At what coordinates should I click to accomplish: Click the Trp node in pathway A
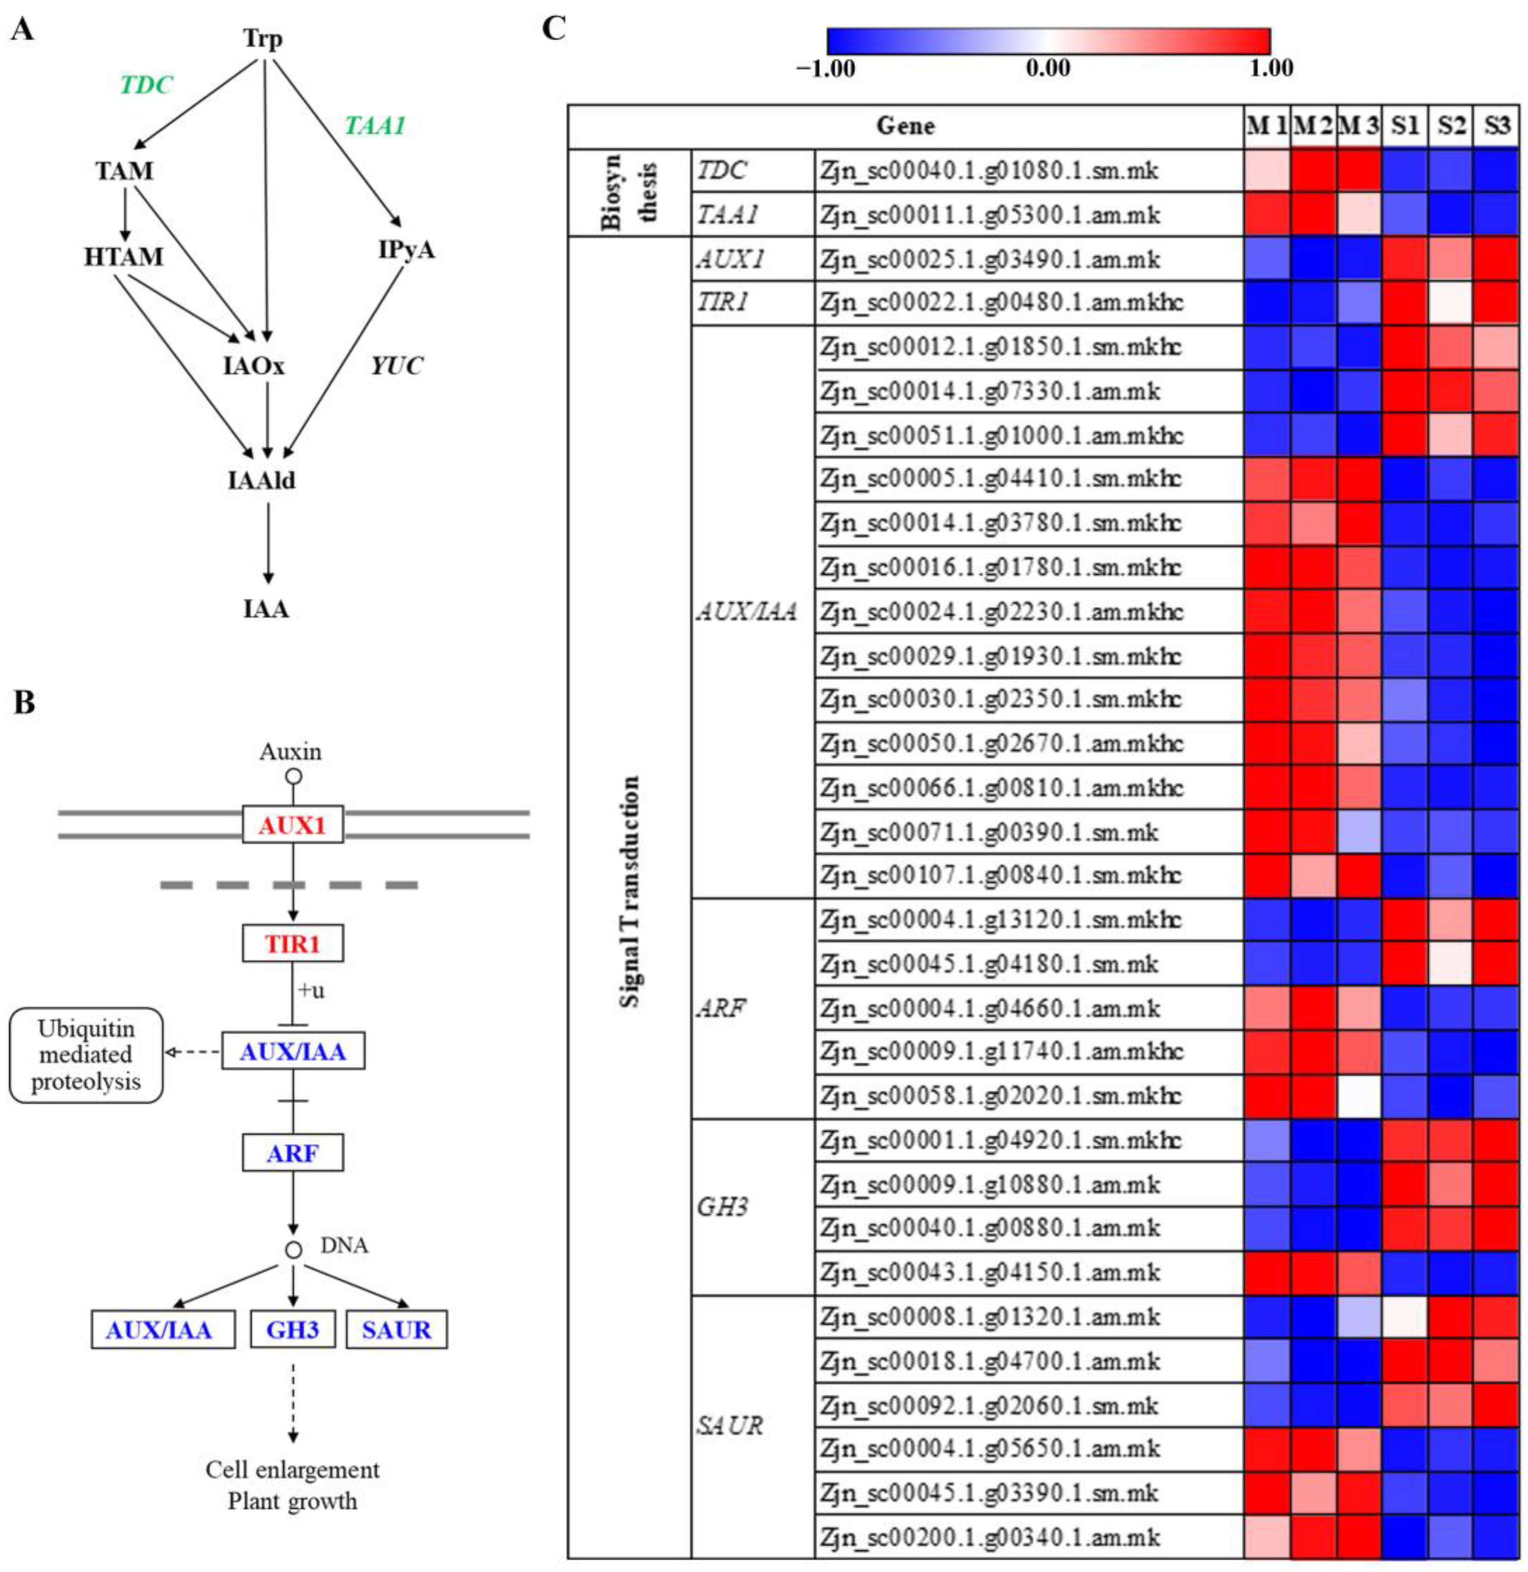tap(263, 38)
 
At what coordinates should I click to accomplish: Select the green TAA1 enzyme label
tap(375, 126)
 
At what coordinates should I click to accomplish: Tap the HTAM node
tap(124, 257)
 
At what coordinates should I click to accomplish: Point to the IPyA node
tap(406, 250)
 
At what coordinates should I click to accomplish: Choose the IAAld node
tap(262, 480)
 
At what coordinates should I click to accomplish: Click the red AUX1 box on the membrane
tap(293, 824)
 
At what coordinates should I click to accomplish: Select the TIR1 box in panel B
tap(293, 943)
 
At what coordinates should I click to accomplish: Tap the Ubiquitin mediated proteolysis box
tap(86, 1055)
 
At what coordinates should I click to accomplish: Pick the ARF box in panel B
tap(293, 1153)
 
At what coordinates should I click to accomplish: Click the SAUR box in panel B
tap(396, 1330)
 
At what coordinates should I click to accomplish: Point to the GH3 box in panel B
tap(293, 1330)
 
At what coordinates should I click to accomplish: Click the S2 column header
tap(1451, 126)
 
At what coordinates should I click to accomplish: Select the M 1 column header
tap(1267, 126)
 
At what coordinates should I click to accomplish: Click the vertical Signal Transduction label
tap(630, 891)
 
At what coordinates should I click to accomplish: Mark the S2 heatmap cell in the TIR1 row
tap(1451, 303)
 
